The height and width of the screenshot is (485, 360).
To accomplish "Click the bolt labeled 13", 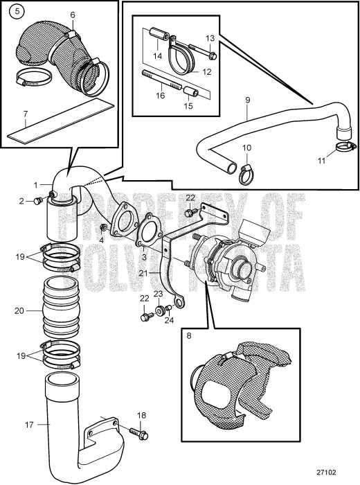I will click(x=210, y=54).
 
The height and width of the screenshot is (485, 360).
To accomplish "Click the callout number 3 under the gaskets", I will click(x=143, y=257).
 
